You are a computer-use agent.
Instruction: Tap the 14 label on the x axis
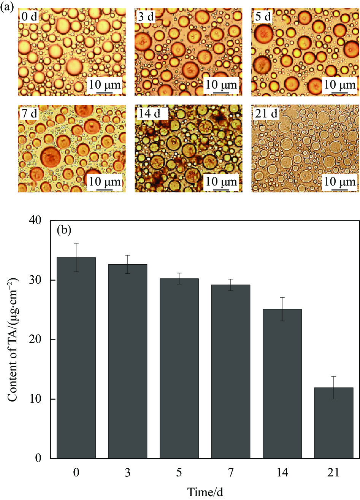[x=282, y=472]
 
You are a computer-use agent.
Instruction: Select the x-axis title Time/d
[x=205, y=492]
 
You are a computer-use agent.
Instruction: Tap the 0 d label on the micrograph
[x=30, y=17]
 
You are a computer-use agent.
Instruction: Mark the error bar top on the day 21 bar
[x=334, y=376]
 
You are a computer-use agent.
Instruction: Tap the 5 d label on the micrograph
[x=263, y=17]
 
